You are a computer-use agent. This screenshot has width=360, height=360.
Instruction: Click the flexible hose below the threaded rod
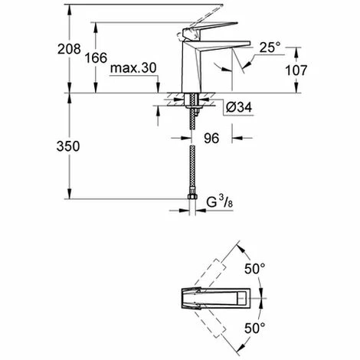click(x=191, y=161)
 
